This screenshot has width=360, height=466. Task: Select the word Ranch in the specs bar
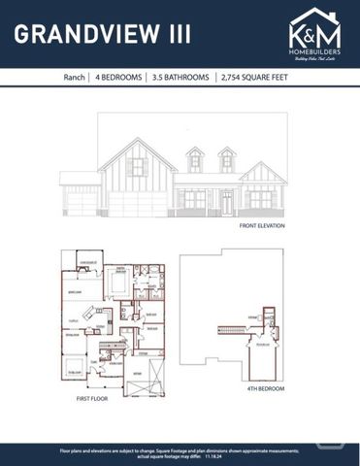point(74,77)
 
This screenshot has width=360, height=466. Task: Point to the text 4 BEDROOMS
point(119,77)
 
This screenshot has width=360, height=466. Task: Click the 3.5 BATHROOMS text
point(180,77)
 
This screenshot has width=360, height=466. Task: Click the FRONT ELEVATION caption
point(262,225)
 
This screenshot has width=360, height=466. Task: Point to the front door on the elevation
point(226,202)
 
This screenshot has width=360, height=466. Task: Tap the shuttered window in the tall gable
point(137,167)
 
